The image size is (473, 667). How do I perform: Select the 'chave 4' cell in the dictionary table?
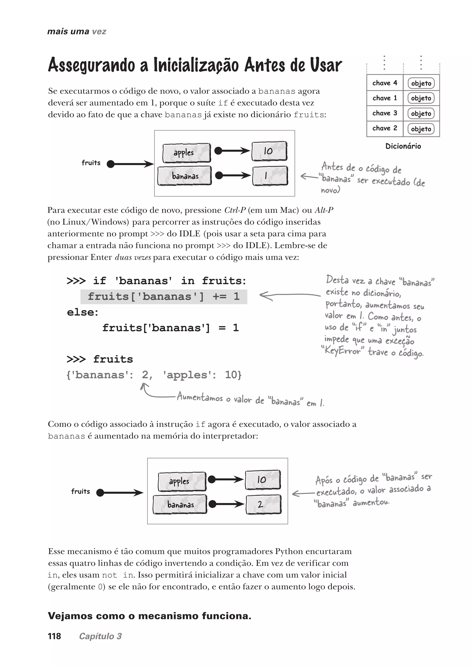[385, 83]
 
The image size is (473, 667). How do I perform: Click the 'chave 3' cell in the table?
[385, 113]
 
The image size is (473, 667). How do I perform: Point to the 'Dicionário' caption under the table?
[403, 146]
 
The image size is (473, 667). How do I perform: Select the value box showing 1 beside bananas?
[270, 176]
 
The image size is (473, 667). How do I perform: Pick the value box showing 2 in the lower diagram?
[263, 504]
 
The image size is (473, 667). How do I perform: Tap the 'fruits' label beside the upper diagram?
[91, 163]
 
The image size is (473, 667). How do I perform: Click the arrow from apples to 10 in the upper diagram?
[232, 151]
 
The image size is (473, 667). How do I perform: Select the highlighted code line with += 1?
[164, 296]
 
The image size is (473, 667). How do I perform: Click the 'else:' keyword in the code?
[83, 312]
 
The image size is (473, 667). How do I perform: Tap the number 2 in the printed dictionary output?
[145, 375]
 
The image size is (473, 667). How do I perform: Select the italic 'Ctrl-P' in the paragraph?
[235, 210]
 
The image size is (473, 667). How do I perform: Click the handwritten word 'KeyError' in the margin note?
[343, 351]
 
